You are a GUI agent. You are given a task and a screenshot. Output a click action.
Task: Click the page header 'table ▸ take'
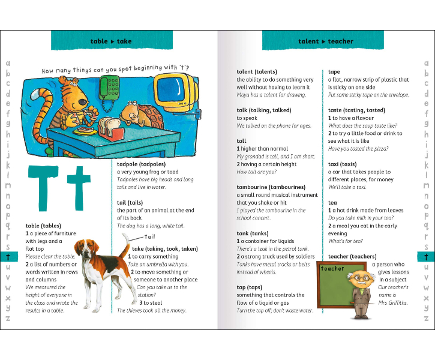[x=110, y=41]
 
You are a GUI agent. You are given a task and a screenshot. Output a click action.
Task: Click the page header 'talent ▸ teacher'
[x=325, y=41]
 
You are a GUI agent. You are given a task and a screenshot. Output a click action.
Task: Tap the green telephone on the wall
[x=111, y=90]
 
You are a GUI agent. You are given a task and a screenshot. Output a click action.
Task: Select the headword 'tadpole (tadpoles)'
[x=141, y=164]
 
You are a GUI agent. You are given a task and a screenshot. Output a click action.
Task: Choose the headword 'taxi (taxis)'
[x=343, y=164]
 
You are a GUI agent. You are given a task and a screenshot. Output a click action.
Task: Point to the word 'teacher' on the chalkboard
[x=332, y=269]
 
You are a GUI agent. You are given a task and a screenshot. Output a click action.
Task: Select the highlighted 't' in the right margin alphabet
[x=426, y=257]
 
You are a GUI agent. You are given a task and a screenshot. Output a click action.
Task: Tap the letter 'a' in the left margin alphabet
[x=8, y=63]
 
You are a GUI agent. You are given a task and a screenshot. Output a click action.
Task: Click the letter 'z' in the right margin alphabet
[x=426, y=318]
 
